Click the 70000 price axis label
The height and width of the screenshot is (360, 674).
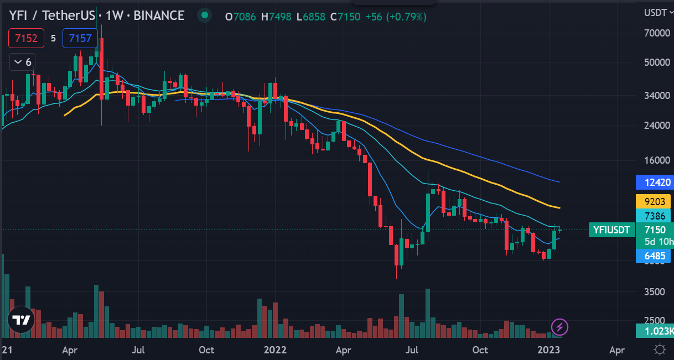[x=656, y=33]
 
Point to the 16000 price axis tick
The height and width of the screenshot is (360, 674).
[x=656, y=160]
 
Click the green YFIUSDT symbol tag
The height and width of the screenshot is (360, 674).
[x=611, y=230]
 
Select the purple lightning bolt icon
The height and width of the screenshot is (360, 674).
[x=559, y=327]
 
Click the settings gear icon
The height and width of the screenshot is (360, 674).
[x=659, y=349]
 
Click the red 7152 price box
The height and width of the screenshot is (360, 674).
[x=27, y=39]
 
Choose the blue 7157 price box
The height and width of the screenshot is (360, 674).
[x=80, y=39]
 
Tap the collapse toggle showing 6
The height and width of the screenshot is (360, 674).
[x=23, y=61]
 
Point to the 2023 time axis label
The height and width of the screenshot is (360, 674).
[x=550, y=349]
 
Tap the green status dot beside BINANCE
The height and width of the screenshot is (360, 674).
[x=205, y=15]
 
